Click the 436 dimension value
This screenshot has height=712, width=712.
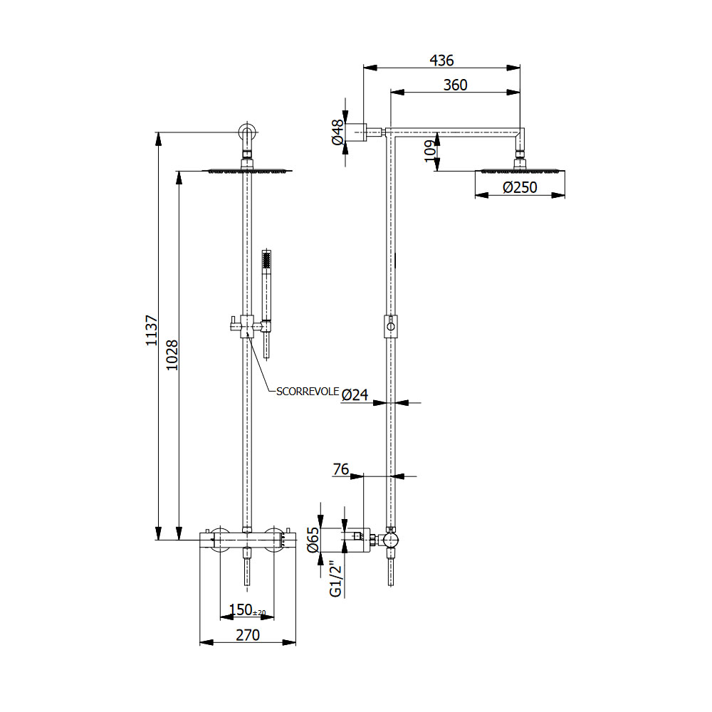point(441,61)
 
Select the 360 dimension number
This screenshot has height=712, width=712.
point(455,85)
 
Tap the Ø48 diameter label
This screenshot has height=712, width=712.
point(337,132)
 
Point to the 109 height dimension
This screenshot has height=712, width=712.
point(429,151)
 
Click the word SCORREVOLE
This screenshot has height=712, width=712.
point(308,391)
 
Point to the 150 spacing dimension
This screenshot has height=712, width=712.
point(242,610)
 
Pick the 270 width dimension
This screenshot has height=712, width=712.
point(247,634)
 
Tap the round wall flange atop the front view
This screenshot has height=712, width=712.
point(247,133)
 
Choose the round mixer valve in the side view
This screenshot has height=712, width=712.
point(390,540)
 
